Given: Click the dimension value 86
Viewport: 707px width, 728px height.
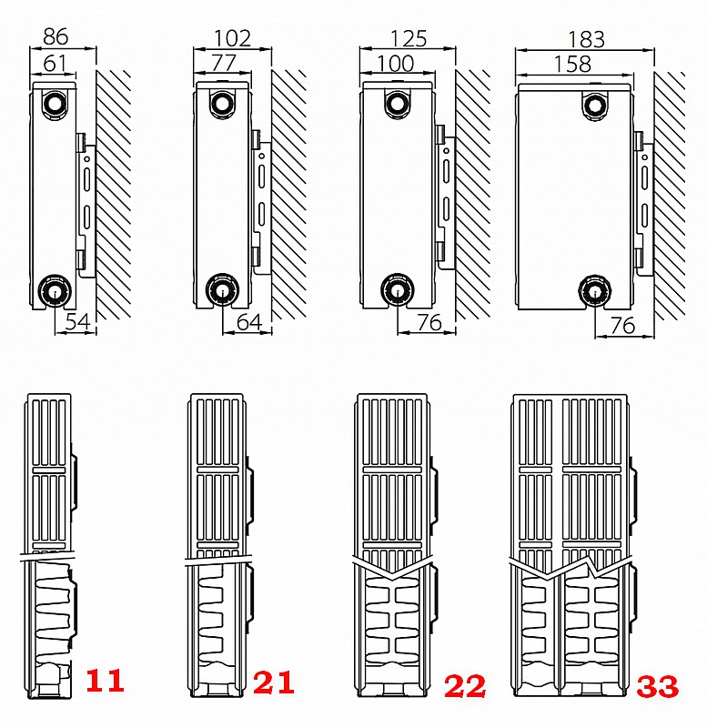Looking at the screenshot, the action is tap(56, 36).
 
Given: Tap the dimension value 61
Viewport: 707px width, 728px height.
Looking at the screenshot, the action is tap(55, 63).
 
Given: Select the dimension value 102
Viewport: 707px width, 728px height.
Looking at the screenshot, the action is tap(232, 38).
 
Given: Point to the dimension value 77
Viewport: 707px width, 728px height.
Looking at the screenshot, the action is tap(224, 63).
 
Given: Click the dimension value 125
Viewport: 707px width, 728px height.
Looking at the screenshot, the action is tap(409, 39).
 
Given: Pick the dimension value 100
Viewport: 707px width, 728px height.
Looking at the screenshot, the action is tap(395, 64).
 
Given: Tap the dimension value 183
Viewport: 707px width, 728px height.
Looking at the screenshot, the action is tap(586, 40).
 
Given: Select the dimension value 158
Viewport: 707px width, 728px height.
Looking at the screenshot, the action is tap(572, 64).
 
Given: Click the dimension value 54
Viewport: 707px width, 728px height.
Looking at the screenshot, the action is tap(77, 322).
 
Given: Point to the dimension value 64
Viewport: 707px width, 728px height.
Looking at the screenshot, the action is tap(249, 322).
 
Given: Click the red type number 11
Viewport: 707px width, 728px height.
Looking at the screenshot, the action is tap(105, 681).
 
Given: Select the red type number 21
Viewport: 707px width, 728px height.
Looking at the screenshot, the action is tap(273, 682).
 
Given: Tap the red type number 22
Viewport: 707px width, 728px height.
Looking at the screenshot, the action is tap(465, 686).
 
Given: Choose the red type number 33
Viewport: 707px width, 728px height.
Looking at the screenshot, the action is tap(657, 686).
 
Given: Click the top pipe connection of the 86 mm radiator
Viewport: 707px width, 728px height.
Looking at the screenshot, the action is tap(55, 103).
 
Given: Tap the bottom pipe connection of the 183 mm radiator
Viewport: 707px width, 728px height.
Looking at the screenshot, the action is tap(595, 291).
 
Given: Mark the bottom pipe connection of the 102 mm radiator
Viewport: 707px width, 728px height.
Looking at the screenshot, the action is tap(222, 289).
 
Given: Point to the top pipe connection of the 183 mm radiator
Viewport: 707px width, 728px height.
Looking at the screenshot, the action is tap(595, 106).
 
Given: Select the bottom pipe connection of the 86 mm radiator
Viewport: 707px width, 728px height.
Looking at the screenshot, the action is tap(55, 290).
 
